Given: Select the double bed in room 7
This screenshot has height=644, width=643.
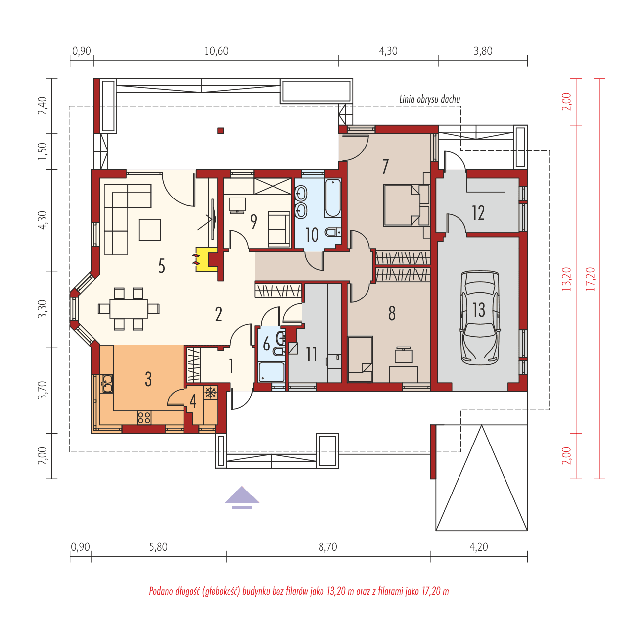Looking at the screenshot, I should (406, 205).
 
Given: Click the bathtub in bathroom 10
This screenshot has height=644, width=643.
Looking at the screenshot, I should (333, 198).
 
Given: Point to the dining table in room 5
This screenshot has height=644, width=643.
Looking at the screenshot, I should (129, 308).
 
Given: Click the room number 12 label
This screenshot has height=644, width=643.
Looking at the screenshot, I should (478, 213).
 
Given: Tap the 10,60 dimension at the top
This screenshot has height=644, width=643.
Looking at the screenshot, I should (216, 51).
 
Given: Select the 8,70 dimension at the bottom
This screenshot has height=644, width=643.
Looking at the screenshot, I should (327, 547).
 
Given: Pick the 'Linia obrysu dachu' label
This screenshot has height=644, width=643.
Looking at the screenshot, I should (429, 99).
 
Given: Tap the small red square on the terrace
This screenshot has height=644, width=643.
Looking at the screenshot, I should (221, 131).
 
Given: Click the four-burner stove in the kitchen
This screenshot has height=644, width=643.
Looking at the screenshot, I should (144, 417).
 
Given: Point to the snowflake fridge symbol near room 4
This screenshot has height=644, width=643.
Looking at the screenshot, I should (211, 393).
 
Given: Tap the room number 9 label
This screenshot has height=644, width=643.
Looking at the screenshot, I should (253, 222).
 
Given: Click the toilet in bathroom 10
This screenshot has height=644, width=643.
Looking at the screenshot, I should (334, 232).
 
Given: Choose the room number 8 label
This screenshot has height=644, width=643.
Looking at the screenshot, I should (392, 313).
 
